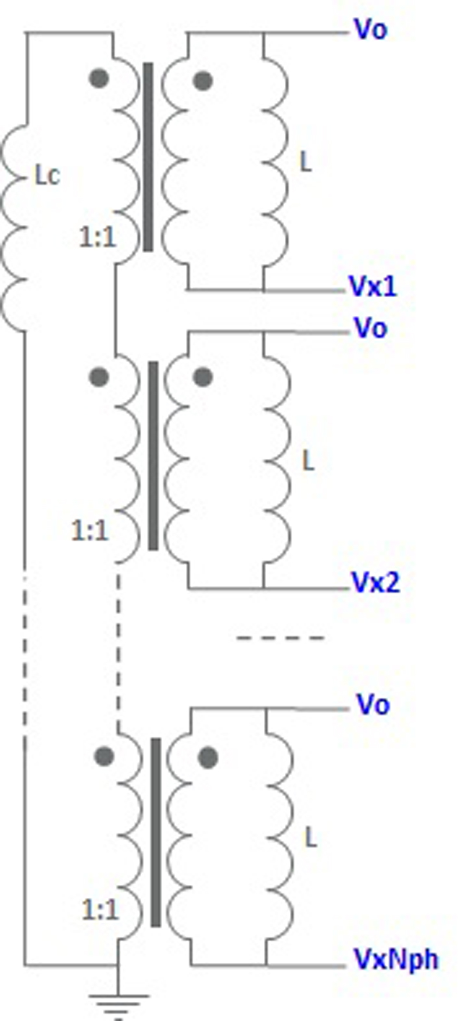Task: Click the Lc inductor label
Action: coord(47,175)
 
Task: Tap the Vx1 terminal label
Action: coord(373,286)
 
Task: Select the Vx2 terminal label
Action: coord(375,582)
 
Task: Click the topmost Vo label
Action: coord(371,28)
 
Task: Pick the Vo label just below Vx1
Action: coord(371,328)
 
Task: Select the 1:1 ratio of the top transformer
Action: coord(98,237)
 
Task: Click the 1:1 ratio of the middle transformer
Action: coord(90,531)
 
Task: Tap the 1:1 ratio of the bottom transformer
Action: coord(101,911)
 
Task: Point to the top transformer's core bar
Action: coord(148,157)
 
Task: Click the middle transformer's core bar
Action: coord(153,455)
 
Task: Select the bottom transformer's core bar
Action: coord(156,832)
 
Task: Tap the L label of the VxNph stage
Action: coord(312,837)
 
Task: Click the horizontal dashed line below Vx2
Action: coord(281,638)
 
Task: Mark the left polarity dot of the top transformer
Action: coord(99,78)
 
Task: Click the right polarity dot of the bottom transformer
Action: coord(208,758)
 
